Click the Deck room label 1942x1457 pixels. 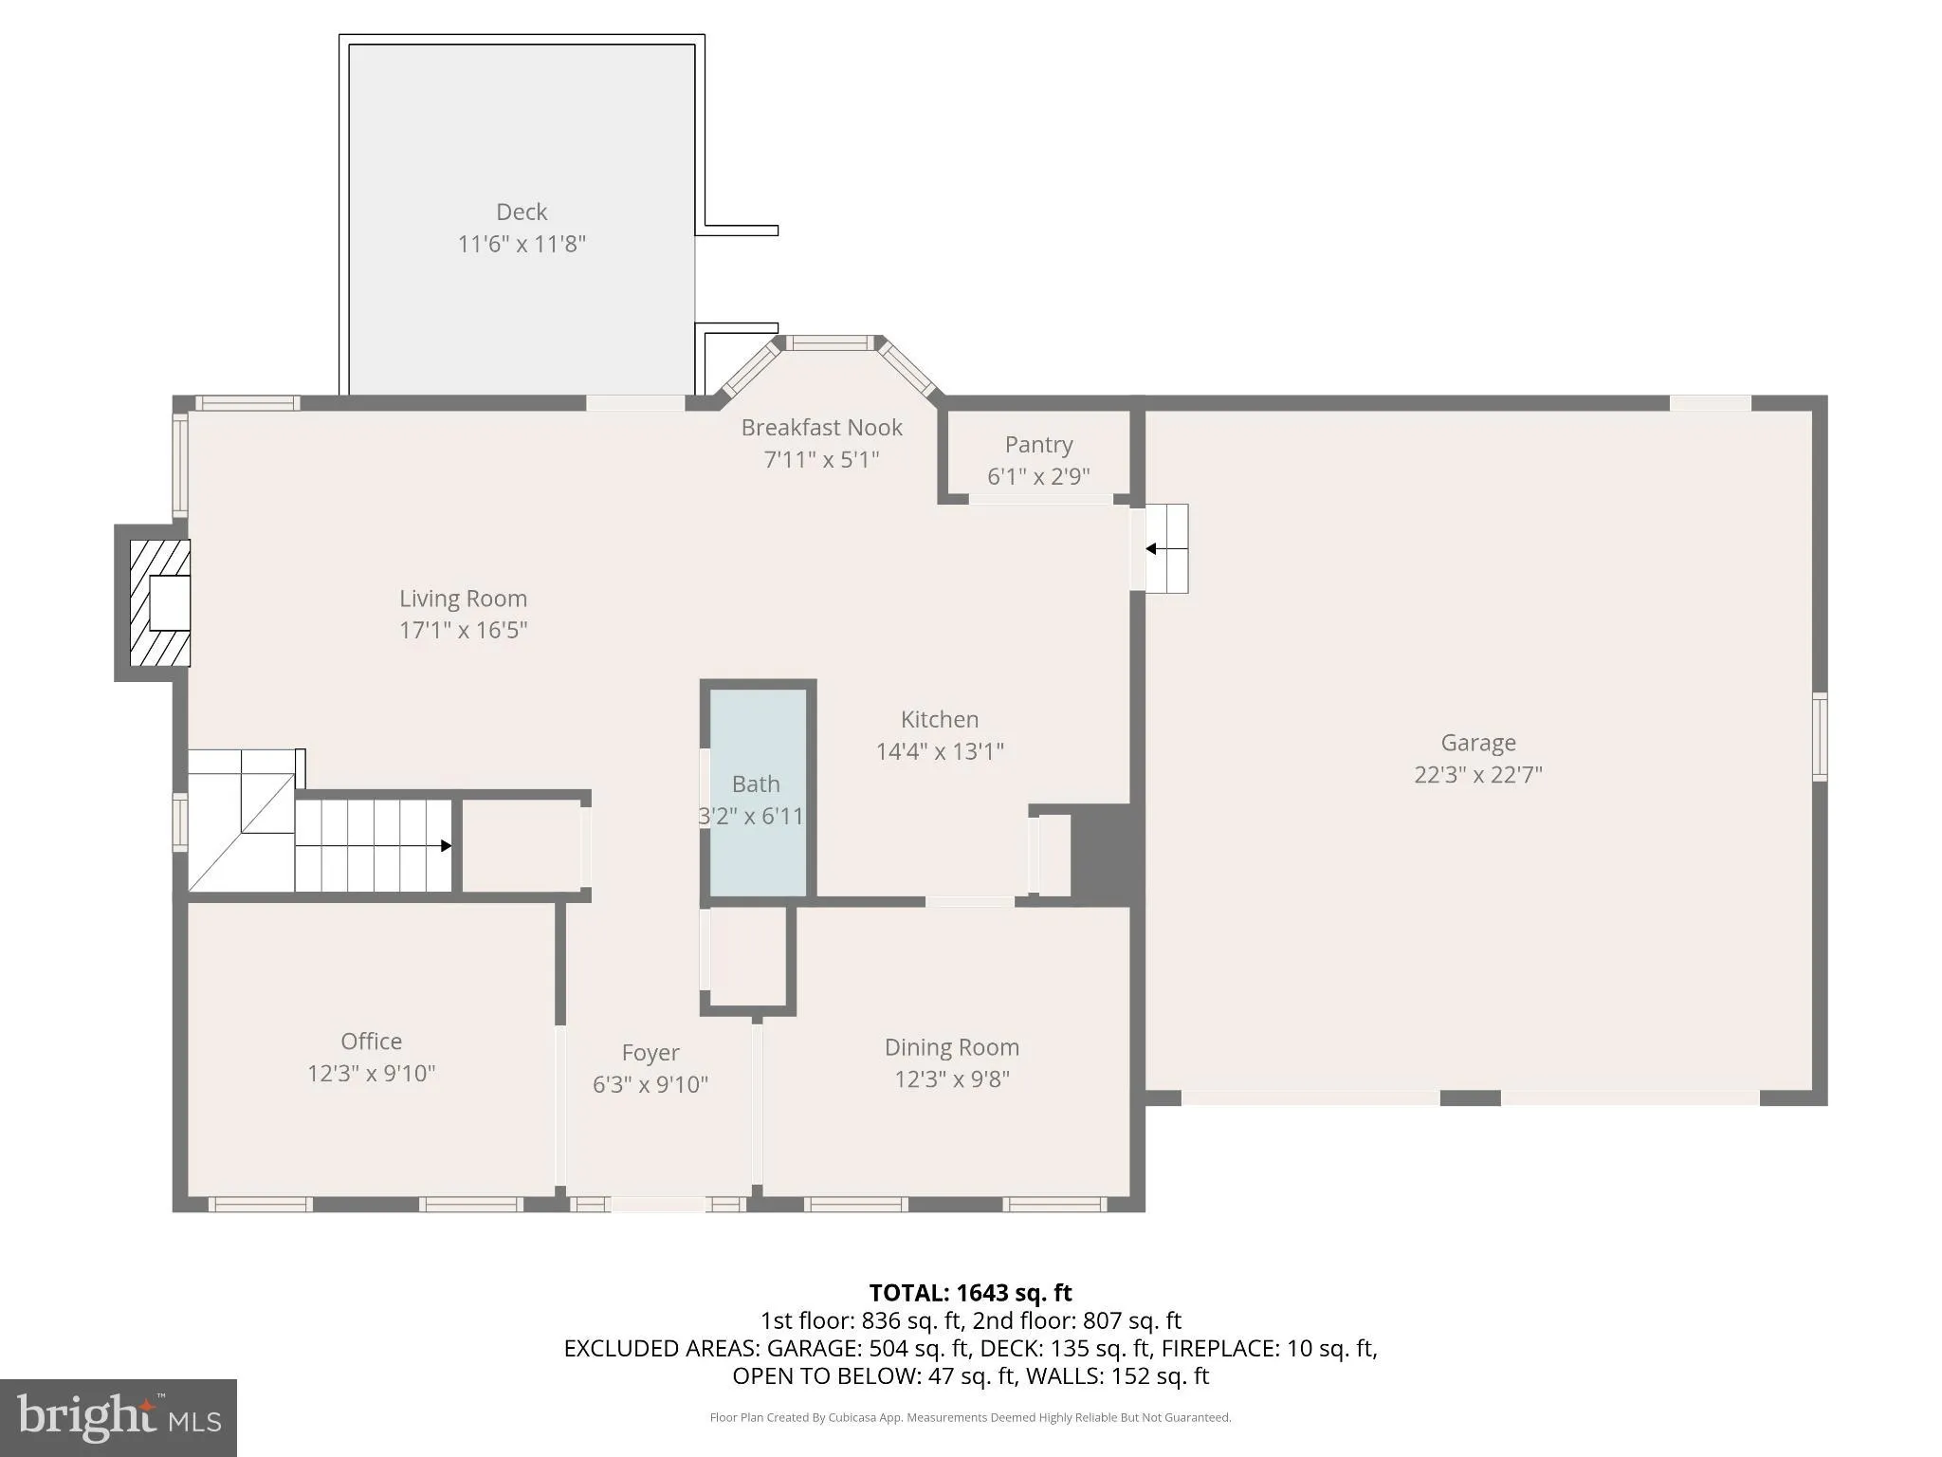(x=522, y=212)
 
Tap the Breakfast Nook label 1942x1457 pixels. (x=821, y=428)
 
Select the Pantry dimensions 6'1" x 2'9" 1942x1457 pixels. (x=1038, y=476)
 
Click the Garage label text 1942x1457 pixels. (x=1477, y=743)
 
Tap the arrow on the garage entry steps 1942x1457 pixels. (x=1151, y=548)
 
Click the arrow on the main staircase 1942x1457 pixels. (x=446, y=845)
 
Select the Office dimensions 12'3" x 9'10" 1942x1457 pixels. (x=371, y=1074)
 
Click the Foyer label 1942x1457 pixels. (x=650, y=1053)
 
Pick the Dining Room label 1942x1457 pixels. (x=951, y=1047)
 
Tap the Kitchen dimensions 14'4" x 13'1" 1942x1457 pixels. (x=939, y=752)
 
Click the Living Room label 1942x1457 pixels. (x=463, y=599)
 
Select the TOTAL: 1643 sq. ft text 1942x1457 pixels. (x=970, y=1293)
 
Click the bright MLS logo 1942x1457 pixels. (x=118, y=1417)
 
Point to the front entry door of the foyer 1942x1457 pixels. (x=657, y=1205)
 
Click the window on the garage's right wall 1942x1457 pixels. (x=1820, y=737)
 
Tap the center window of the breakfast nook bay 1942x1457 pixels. (x=833, y=343)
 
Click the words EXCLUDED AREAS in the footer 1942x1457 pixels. (x=660, y=1348)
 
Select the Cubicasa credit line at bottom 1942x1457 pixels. (x=970, y=1417)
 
